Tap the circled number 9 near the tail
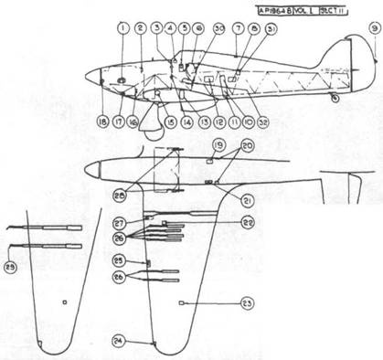point(373,28)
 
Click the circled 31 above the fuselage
point(271,29)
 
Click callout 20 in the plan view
point(248,146)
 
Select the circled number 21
point(247,200)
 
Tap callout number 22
point(247,222)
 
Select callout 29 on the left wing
point(10,267)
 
